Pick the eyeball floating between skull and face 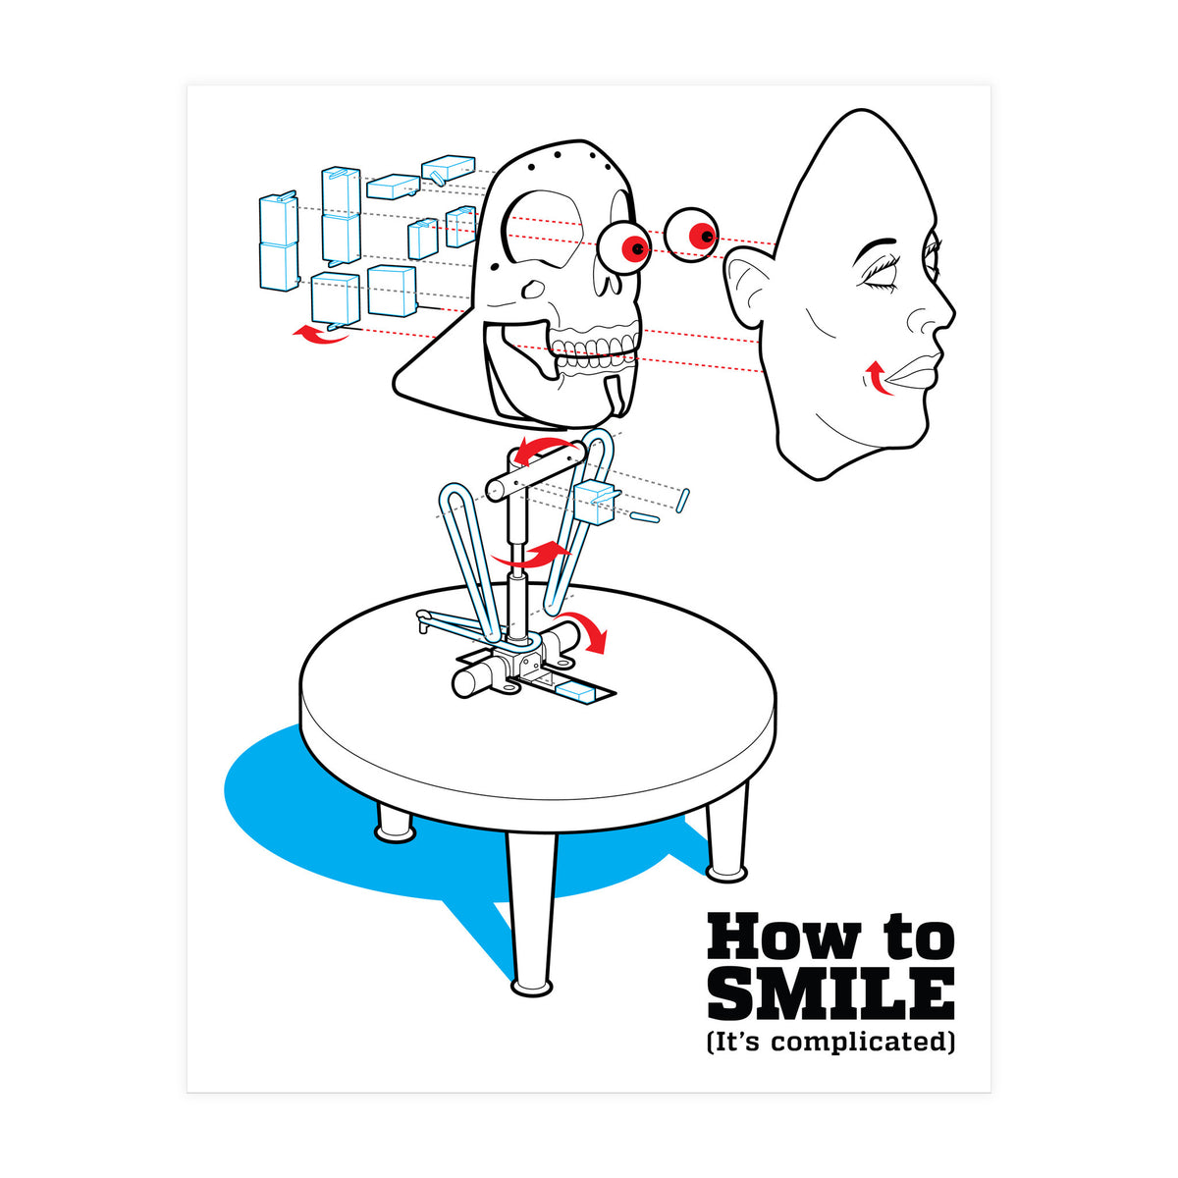pos(692,236)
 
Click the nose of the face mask pos(933,314)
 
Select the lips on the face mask pos(911,373)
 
